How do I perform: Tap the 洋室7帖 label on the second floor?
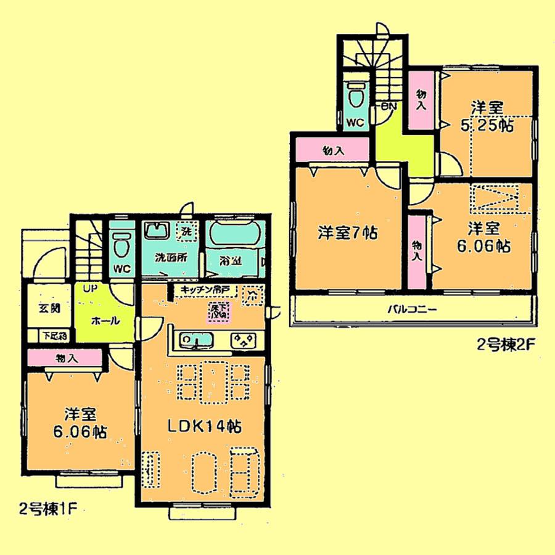pos(348,234)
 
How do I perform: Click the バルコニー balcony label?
pos(412,310)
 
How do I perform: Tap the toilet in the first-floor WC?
pos(121,245)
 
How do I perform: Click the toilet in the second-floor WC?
pos(355,96)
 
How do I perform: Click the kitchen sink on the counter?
pos(195,340)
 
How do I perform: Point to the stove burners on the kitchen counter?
pos(244,340)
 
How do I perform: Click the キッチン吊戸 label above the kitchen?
pos(204,289)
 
